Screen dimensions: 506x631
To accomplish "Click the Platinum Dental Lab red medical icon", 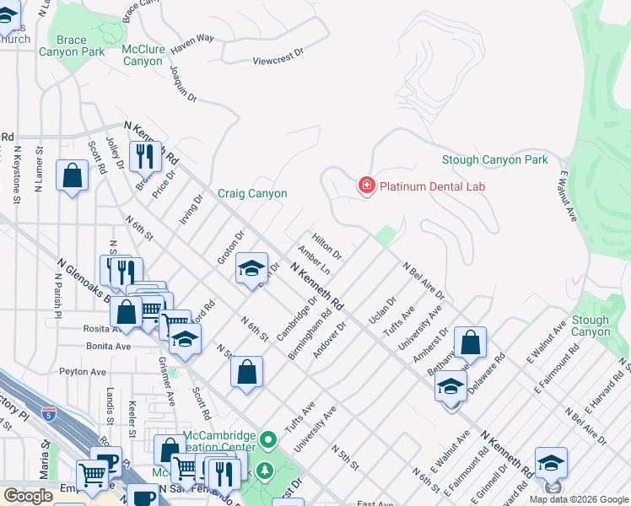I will [366, 186].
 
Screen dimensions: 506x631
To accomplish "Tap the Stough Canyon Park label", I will [494, 160].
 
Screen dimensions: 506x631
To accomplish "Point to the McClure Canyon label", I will [142, 55].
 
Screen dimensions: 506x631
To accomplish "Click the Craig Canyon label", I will [252, 193].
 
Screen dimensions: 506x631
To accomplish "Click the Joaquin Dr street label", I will [183, 84].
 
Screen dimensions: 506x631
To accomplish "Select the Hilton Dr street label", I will [326, 246].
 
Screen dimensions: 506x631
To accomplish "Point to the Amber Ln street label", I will [313, 260].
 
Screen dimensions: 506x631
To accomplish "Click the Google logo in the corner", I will [28, 496].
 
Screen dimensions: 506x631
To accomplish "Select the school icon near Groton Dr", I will [251, 268].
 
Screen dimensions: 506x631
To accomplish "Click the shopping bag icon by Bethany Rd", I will [470, 342].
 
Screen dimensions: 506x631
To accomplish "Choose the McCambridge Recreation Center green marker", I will [268, 439].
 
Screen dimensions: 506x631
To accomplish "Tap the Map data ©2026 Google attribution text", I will [578, 499].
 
